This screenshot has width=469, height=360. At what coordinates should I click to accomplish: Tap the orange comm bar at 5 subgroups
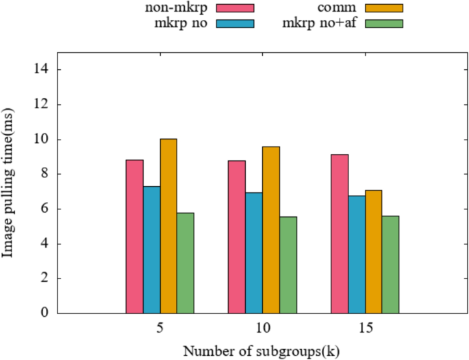click(168, 226)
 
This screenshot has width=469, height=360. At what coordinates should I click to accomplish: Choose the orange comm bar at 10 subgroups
click(271, 230)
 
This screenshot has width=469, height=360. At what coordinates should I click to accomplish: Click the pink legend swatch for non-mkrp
click(235, 8)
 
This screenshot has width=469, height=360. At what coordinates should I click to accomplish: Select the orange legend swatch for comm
click(383, 8)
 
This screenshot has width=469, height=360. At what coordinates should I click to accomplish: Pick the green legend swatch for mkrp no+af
click(383, 23)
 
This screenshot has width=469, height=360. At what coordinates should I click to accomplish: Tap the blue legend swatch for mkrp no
click(235, 23)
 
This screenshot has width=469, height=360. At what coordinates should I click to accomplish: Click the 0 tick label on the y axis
click(44, 313)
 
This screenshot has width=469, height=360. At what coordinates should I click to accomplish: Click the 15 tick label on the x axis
click(365, 328)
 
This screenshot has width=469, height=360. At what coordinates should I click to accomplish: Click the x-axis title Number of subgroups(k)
click(261, 351)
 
